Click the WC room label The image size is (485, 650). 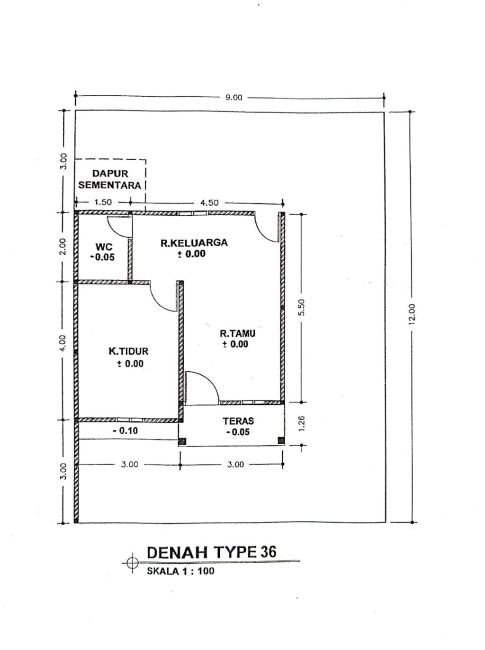104,247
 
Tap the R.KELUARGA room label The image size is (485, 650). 194,243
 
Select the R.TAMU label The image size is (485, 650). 237,333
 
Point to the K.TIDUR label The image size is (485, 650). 129,351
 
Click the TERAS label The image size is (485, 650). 238,421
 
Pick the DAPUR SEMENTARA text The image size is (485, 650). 109,180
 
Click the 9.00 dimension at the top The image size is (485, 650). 234,98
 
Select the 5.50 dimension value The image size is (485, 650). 301,307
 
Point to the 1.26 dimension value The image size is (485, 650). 301,423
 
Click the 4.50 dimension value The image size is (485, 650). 209,202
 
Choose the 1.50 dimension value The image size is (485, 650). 103,202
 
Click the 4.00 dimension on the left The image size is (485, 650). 63,343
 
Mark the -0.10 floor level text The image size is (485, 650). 126,430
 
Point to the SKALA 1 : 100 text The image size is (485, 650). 180,571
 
